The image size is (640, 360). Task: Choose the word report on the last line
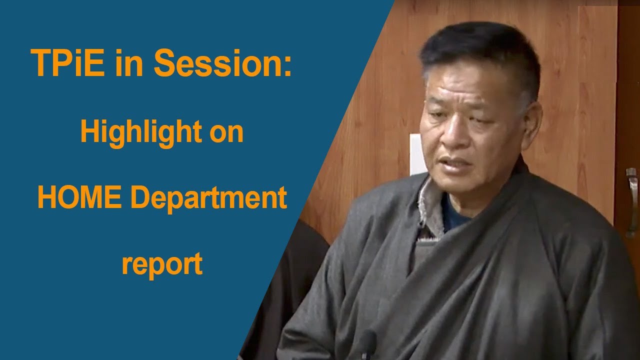pyautogui.click(x=161, y=264)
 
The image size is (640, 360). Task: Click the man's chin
pyautogui.click(x=462, y=187)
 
